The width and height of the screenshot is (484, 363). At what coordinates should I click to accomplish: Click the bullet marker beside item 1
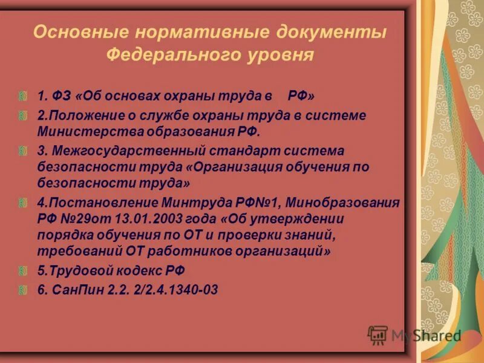22,96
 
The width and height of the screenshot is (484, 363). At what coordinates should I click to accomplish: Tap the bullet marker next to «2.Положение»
22,115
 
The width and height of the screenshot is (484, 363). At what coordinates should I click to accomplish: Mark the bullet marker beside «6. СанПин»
22,290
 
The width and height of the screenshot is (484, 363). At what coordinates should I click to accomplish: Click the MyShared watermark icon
378,335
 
